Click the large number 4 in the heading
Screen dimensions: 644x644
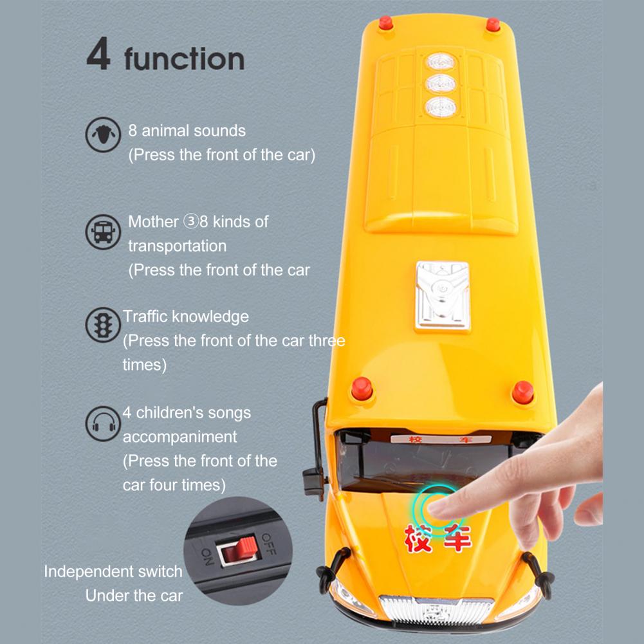tap(98, 53)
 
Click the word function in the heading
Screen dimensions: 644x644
tap(185, 59)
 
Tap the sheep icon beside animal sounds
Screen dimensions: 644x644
tap(103, 134)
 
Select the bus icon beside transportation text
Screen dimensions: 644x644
tap(103, 232)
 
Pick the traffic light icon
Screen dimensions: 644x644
tap(103, 325)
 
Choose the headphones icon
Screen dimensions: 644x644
tap(103, 423)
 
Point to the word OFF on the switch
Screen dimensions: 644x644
tap(269, 544)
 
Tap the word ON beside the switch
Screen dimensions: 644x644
tap(207, 556)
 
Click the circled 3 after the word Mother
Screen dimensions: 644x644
tap(190, 221)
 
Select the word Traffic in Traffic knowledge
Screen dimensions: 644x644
tap(145, 317)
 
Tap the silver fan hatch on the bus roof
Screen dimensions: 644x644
tap(443, 296)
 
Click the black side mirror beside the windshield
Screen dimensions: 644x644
tap(315, 448)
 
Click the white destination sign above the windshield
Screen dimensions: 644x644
tap(440, 439)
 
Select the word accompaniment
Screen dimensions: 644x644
tap(179, 437)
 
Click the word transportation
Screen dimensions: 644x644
tap(177, 246)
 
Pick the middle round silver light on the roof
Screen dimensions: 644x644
tap(441, 84)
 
